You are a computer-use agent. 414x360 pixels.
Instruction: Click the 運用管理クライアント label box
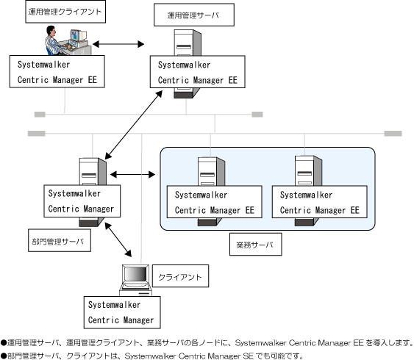[65, 12]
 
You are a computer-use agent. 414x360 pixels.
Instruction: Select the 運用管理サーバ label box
[194, 15]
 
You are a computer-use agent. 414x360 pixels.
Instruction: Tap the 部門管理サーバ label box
[60, 240]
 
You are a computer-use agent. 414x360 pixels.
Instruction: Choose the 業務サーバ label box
[256, 244]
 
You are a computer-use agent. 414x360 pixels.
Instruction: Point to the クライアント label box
[180, 276]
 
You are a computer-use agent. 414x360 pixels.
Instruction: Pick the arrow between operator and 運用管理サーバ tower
[118, 44]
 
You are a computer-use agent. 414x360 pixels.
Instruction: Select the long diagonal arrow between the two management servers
[134, 125]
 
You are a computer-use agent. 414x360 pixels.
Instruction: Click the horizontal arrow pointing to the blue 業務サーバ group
[132, 174]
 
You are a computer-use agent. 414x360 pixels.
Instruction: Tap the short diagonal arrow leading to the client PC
[118, 240]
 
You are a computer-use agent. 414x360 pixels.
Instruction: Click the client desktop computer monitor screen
[136, 274]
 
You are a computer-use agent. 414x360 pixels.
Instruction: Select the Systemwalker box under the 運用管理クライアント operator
[57, 71]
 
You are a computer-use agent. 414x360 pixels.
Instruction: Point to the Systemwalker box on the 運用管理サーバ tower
[198, 72]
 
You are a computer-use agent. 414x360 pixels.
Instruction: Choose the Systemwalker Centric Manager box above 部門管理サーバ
[82, 201]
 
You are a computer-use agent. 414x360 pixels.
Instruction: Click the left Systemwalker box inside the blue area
[215, 202]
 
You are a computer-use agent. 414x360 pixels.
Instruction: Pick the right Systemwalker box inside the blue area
[319, 202]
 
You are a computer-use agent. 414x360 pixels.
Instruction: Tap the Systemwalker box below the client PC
[122, 312]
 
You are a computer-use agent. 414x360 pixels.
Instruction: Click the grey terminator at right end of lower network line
[393, 134]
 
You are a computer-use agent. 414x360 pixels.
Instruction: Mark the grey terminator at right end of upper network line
[257, 114]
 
